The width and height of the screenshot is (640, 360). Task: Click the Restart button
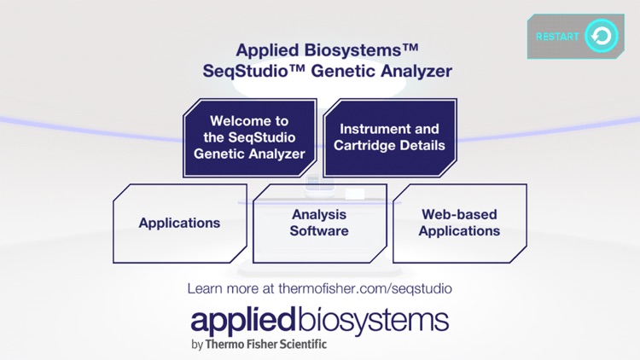pos(575,37)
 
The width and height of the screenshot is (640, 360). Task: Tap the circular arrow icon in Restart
pos(602,37)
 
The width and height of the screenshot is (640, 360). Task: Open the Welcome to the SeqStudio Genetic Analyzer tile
pos(249,137)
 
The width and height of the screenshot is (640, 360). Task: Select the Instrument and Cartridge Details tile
pos(389,137)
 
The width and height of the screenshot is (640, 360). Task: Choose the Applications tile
pos(179,224)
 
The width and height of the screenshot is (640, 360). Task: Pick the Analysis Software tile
pos(319,224)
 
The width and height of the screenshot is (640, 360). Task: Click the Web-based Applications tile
pos(459,224)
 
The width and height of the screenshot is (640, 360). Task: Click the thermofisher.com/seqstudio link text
pos(369,288)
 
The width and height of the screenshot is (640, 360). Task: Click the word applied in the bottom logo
pos(242,321)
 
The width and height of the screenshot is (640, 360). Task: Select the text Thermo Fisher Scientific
pos(265,345)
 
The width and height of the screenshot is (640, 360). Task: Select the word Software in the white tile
pos(319,231)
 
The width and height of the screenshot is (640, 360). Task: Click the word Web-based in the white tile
pos(459,215)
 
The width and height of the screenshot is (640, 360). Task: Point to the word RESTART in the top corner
pos(557,37)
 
